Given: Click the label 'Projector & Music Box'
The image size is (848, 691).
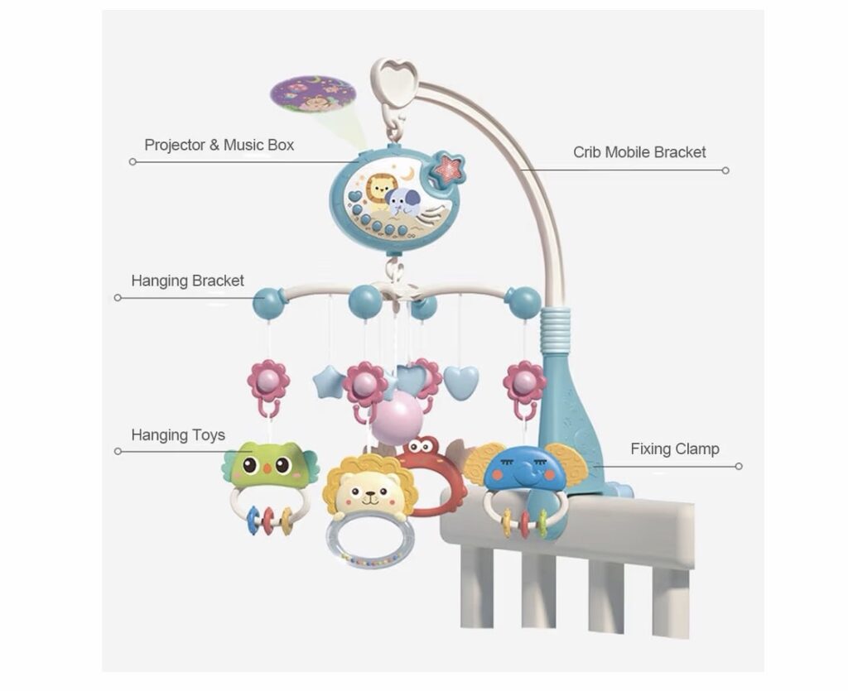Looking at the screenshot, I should point(219,145).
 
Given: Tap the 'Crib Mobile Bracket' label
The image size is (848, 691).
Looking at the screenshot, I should point(639,152).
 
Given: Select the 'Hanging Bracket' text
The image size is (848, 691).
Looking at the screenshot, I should point(187,281).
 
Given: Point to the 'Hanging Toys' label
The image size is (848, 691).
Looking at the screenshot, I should point(178,435).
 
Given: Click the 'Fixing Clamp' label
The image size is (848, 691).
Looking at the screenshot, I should point(675,449).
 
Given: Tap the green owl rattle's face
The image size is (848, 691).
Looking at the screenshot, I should point(270,467).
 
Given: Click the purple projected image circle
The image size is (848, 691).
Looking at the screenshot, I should point(313,94).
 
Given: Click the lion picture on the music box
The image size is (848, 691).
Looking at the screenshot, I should point(380,191).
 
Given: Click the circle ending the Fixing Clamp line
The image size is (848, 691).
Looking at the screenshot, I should point(738,466).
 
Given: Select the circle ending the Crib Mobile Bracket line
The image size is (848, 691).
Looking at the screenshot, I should point(725,170).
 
